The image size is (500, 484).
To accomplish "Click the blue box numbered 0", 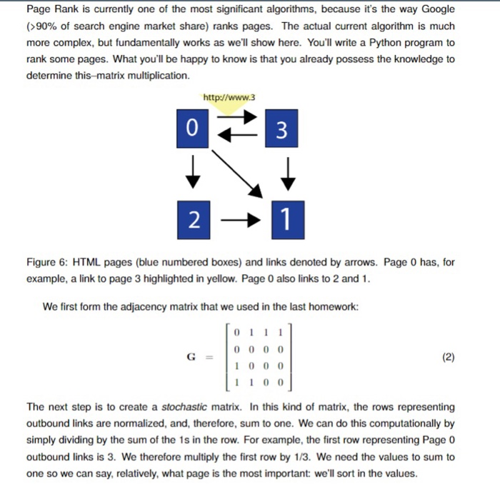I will click(x=190, y=129).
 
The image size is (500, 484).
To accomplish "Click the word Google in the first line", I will click(x=437, y=9).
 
